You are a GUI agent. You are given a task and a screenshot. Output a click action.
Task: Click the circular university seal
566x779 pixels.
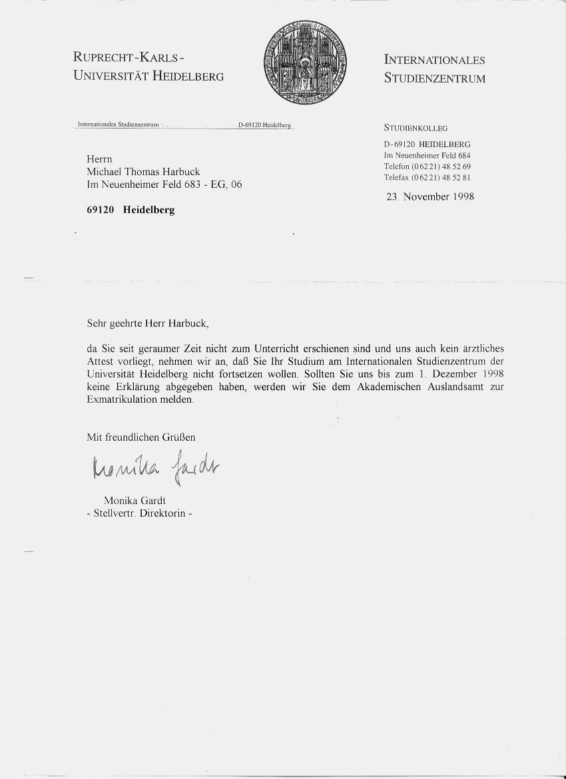tap(305, 62)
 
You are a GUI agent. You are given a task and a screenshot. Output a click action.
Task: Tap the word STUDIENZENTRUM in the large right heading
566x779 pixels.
tap(434, 79)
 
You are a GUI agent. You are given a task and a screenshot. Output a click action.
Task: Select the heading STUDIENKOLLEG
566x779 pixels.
tap(416, 128)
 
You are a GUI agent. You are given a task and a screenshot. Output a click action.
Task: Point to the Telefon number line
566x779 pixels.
tap(427, 166)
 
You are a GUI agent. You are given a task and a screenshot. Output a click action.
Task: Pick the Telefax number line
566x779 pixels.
tap(427, 178)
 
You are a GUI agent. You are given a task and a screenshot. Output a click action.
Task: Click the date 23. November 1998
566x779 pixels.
tap(430, 196)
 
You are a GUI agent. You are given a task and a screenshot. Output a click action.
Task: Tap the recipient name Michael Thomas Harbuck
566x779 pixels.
tap(143, 172)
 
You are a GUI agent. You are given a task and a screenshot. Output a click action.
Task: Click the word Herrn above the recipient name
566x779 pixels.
tap(99, 159)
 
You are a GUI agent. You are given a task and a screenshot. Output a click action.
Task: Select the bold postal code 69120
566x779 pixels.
tap(101, 210)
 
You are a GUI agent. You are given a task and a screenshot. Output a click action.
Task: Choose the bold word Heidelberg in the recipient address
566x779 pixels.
tap(148, 210)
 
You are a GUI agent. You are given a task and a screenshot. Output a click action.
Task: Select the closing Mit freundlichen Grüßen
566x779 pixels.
tap(141, 437)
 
